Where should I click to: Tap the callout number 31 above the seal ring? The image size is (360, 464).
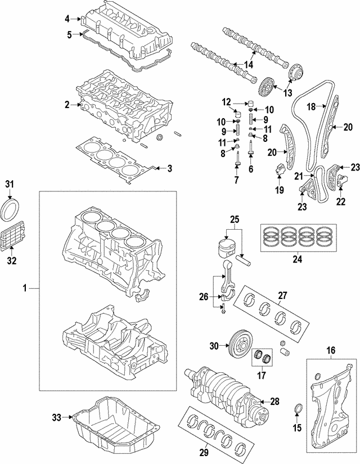pyautogui.click(x=9, y=184)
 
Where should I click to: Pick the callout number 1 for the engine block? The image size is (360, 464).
pyautogui.click(x=25, y=288)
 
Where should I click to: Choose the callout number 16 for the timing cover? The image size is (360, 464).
pyautogui.click(x=331, y=350)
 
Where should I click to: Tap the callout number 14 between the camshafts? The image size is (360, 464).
pyautogui.click(x=248, y=65)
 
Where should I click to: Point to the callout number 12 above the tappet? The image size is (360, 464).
pyautogui.click(x=226, y=102)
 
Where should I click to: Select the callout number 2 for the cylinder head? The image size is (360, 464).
pyautogui.click(x=67, y=105)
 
